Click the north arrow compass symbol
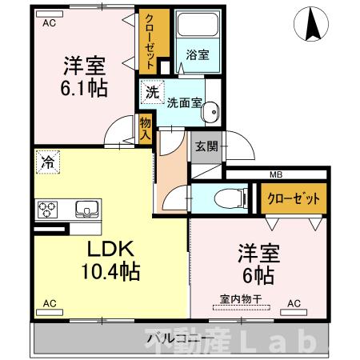314,26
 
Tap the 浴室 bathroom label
198,54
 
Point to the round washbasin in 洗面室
210,115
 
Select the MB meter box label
275,175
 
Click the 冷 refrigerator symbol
46,162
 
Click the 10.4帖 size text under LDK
110,272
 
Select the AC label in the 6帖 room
294,303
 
